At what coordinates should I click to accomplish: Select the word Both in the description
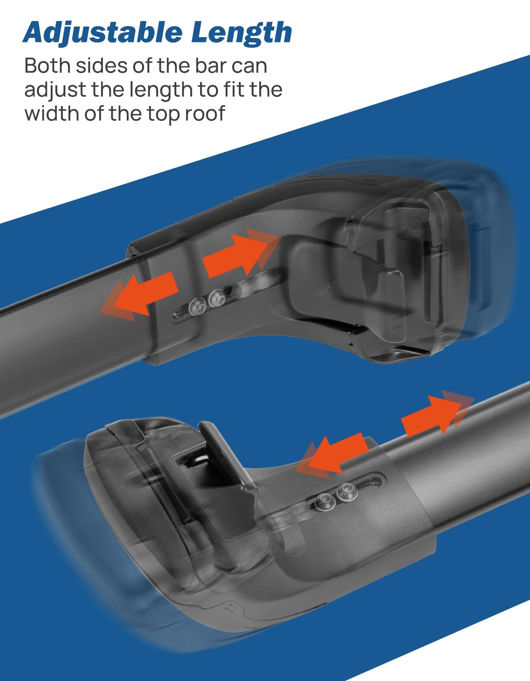click(47, 66)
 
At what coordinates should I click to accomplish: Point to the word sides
click(102, 66)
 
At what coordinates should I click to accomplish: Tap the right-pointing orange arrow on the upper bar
click(241, 253)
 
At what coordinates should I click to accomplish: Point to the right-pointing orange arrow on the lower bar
click(438, 412)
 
